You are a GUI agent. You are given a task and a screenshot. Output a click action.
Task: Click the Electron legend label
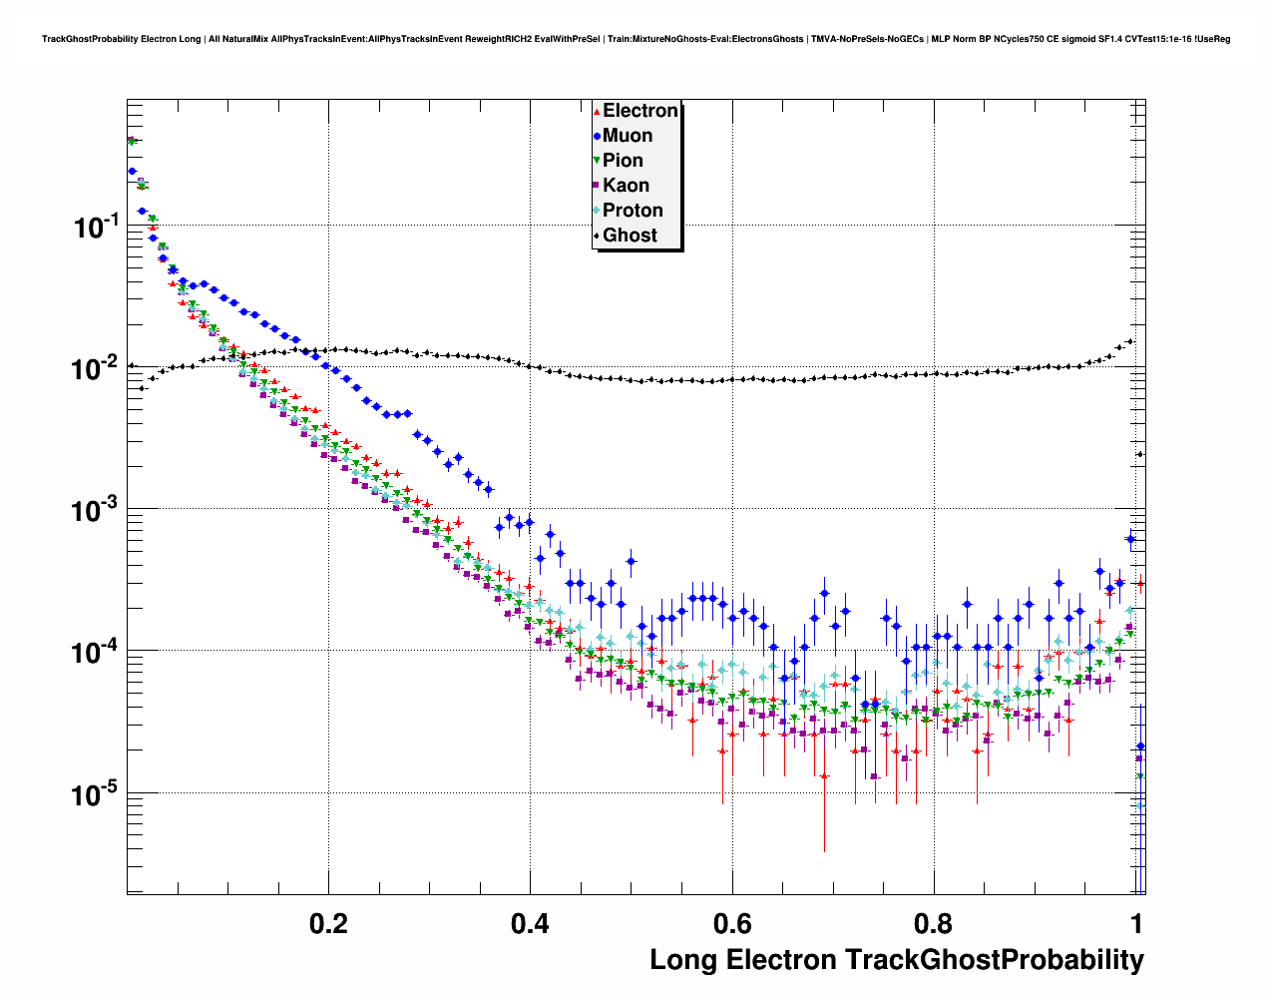click(640, 111)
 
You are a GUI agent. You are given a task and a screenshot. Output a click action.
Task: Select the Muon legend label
click(628, 136)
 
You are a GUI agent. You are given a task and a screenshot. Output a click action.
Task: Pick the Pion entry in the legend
click(623, 161)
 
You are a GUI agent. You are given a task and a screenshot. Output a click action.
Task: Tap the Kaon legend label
click(626, 186)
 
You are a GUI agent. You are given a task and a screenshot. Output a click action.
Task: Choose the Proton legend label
click(633, 211)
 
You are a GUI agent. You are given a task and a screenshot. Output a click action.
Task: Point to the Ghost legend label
click(630, 236)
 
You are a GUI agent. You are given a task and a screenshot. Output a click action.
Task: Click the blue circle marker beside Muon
click(597, 137)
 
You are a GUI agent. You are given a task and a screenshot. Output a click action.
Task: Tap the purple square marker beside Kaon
click(597, 187)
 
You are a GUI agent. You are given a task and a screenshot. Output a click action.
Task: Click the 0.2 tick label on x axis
click(329, 923)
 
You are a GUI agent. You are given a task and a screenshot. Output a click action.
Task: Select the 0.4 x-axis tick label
click(530, 923)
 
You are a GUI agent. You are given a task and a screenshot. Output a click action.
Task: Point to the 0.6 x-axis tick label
click(731, 923)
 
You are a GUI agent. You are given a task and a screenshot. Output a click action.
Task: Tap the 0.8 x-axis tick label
click(933, 923)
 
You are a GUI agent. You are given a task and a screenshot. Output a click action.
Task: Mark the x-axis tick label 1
click(1135, 923)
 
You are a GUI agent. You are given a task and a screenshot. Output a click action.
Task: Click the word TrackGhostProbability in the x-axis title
click(995, 960)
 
